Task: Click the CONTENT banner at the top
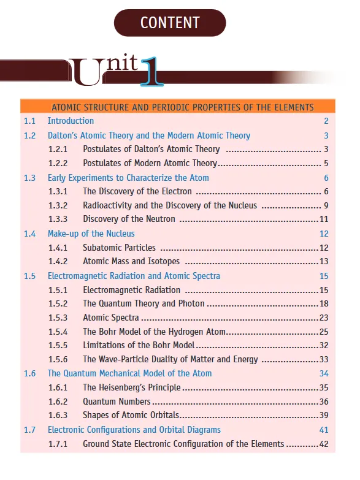[170, 23]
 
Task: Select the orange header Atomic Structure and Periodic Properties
[183, 107]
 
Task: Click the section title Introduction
[71, 121]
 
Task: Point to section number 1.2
[30, 135]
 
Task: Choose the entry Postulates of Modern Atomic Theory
[150, 163]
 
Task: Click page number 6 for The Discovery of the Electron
[326, 191]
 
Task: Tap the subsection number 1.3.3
[58, 219]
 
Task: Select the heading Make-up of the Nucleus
[91, 234]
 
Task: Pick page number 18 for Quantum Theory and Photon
[324, 303]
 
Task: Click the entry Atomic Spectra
[111, 318]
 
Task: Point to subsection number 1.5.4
[58, 332]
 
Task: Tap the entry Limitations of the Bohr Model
[139, 345]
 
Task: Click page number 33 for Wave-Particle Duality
[324, 359]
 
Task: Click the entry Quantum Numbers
[117, 402]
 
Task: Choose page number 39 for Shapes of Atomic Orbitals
[324, 416]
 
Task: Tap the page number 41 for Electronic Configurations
[324, 430]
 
